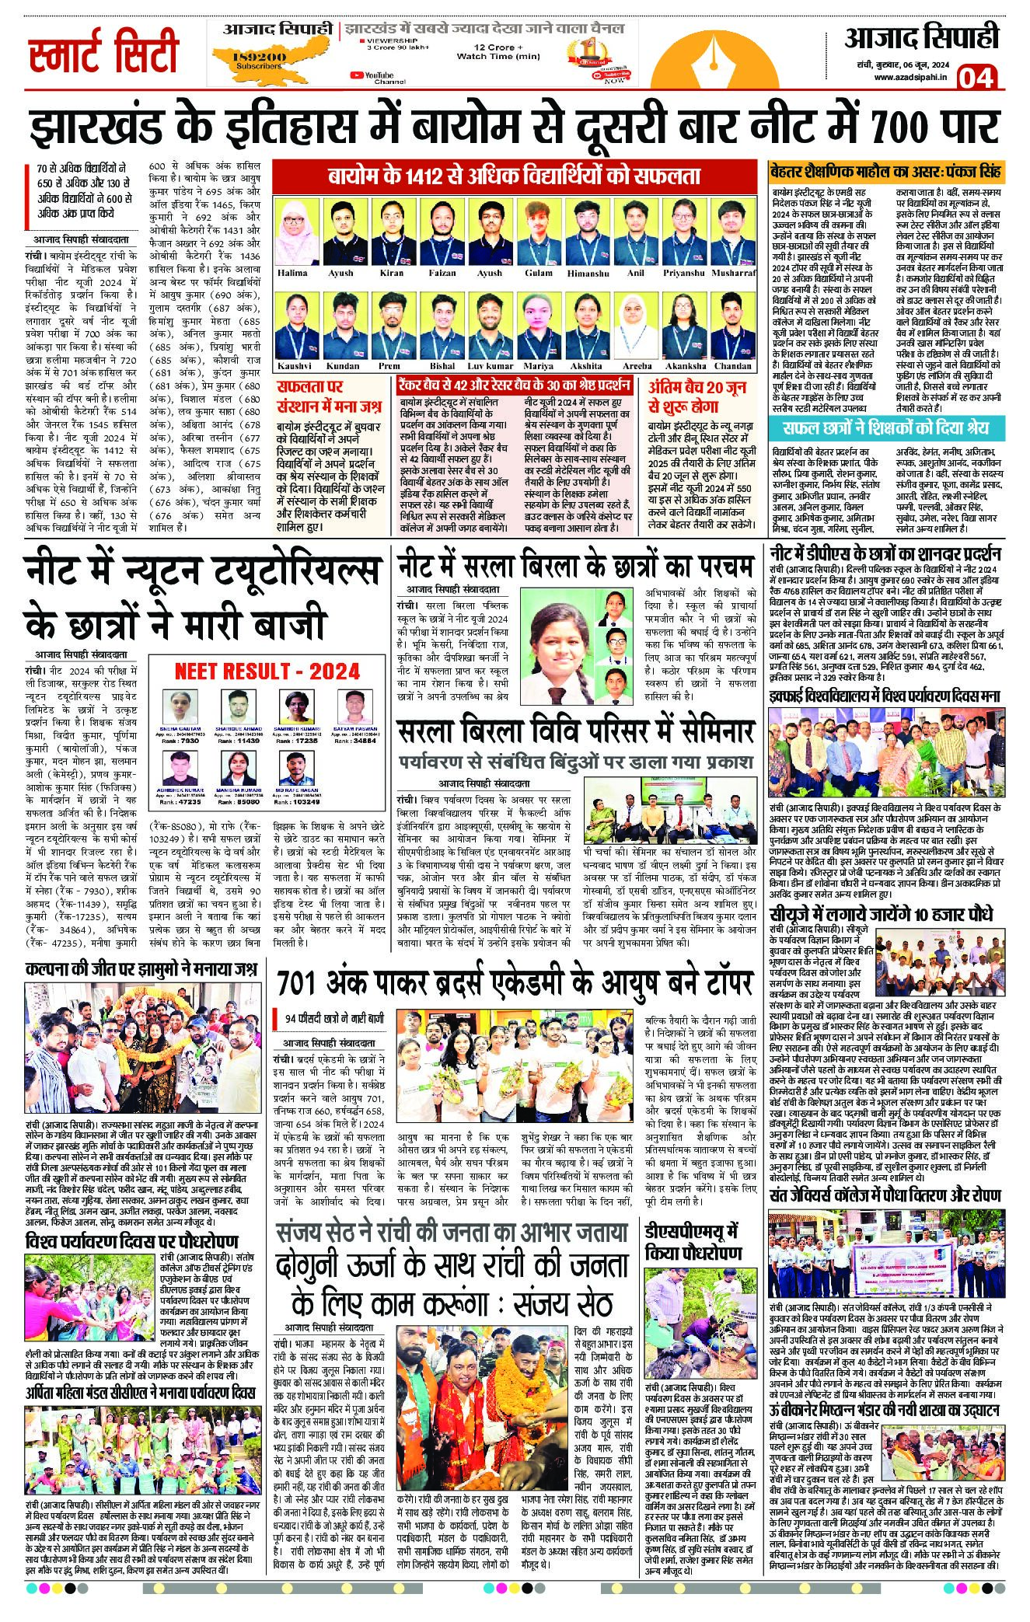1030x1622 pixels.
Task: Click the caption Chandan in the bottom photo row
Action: [x=732, y=365]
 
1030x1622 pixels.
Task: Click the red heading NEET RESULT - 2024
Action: [x=267, y=671]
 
